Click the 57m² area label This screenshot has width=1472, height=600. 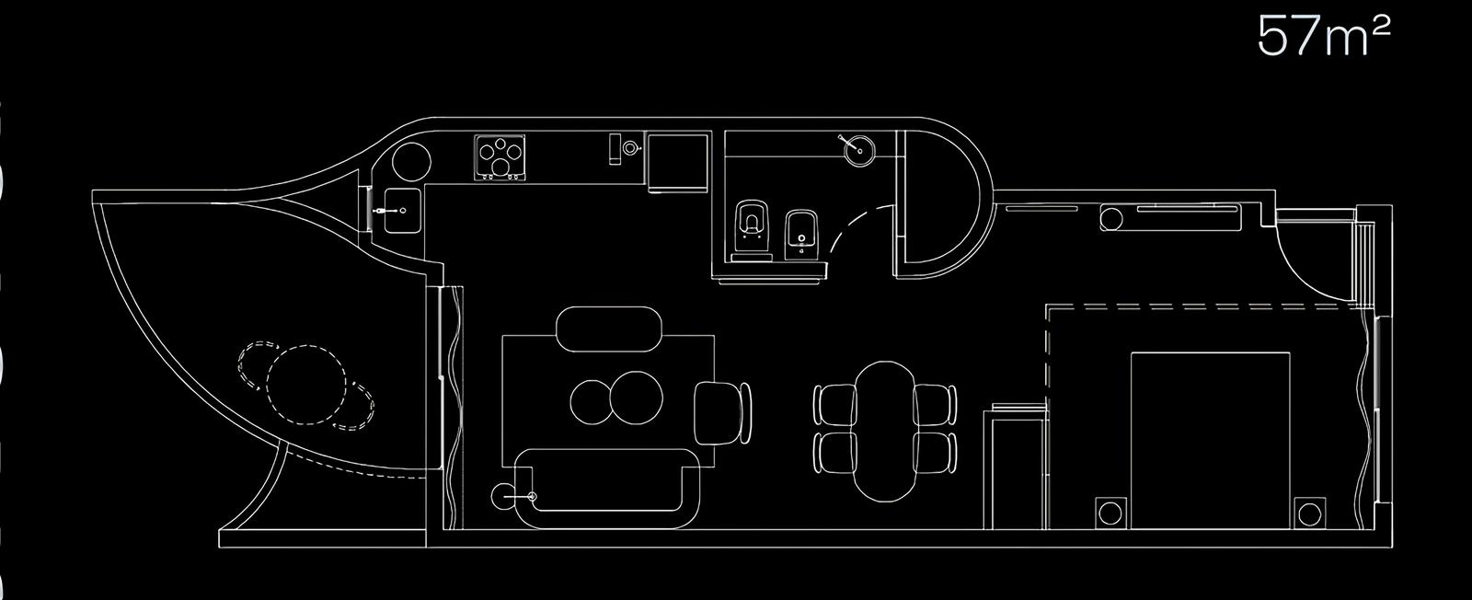click(x=1324, y=37)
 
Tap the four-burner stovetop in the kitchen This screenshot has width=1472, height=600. click(x=500, y=157)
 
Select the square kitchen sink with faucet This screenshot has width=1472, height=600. click(x=401, y=211)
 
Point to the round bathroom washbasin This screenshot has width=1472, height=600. click(x=858, y=151)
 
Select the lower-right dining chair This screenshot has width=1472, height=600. click(x=935, y=452)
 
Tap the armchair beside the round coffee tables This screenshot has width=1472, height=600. click(x=722, y=413)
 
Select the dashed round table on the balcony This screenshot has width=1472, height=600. click(x=307, y=385)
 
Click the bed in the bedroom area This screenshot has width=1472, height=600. click(x=1211, y=439)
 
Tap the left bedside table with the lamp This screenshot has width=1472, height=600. click(x=1110, y=513)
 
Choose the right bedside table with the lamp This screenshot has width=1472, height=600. click(x=1309, y=513)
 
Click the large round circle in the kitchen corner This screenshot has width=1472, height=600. click(x=411, y=162)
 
